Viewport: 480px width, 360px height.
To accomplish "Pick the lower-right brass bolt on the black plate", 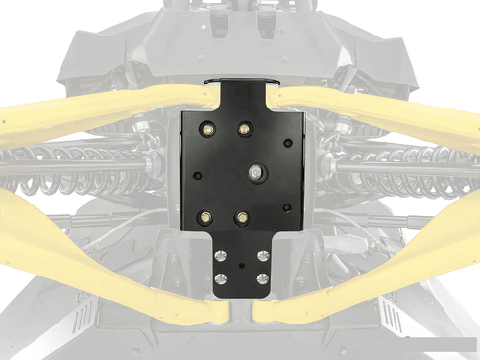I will tap(242, 217).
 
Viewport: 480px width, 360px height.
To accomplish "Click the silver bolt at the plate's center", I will tap(254, 172).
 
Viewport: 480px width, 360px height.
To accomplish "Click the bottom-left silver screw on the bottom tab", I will tap(221, 279).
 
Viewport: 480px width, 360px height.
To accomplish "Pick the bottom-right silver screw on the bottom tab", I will tap(261, 279).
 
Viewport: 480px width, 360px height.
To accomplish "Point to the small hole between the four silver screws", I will tap(241, 264).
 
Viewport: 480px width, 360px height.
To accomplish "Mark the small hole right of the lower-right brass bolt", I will tap(286, 208).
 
